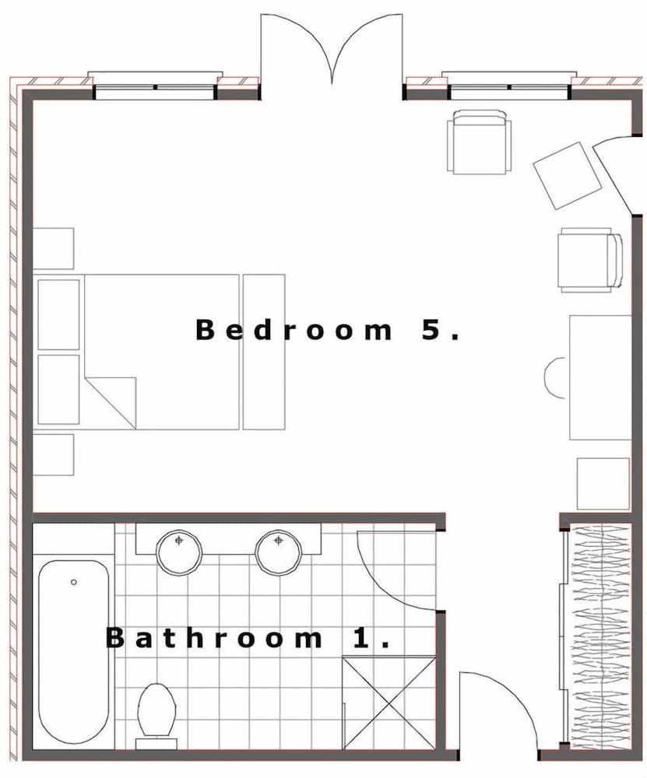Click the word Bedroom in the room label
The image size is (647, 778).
click(294, 330)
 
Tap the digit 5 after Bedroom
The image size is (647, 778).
click(433, 330)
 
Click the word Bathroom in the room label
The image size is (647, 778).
click(213, 639)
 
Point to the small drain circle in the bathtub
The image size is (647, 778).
click(74, 582)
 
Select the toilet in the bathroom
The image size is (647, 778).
click(156, 710)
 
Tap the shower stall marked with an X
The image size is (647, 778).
click(389, 703)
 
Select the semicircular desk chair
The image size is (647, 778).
click(556, 378)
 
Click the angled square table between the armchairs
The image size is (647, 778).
click(568, 175)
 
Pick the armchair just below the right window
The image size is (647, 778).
click(480, 142)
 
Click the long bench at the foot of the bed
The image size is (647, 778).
click(264, 351)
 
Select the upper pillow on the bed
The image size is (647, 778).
click(58, 314)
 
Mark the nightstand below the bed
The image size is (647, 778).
click(54, 454)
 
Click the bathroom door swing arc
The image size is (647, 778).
click(393, 572)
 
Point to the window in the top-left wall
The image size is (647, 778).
click(153, 87)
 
